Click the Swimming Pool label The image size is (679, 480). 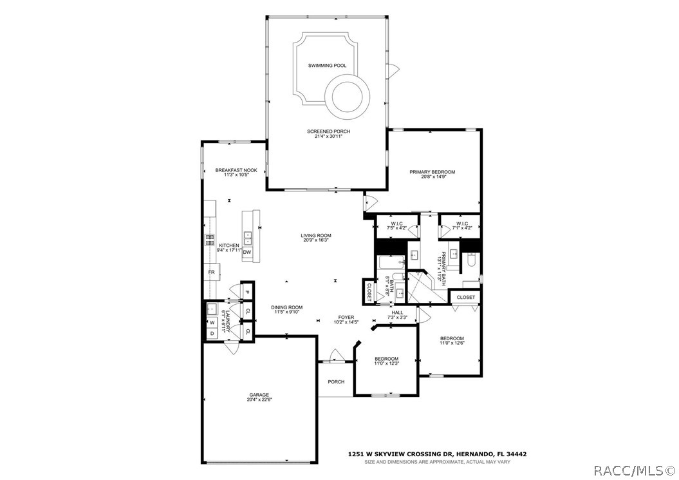pos(327,66)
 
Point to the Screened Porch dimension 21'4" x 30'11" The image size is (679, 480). pos(328,137)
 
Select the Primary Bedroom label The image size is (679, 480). pos(433,172)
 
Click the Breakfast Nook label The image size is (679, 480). pos(236,170)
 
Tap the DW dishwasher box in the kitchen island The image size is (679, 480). pos(247,253)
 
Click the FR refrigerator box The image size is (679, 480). pos(210,273)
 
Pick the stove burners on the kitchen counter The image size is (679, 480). pos(210,240)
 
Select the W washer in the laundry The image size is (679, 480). pos(212,322)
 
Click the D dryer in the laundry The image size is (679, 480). pos(212,334)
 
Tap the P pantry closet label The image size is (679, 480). pos(247,292)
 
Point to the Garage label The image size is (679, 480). pos(259,395)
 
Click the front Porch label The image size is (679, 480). pos(336,382)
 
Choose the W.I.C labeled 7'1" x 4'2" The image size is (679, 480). pos(461,225)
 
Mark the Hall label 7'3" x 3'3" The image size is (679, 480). pos(397,315)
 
